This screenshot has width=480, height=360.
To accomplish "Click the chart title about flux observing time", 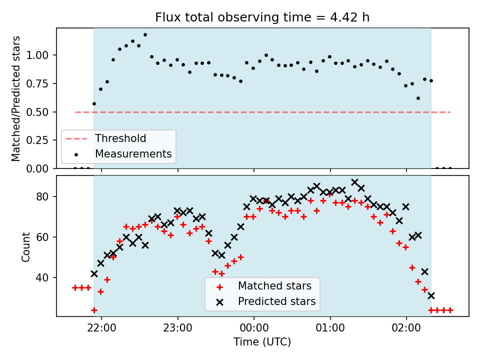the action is [262, 17].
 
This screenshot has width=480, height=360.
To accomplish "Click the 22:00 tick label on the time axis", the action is [101, 328].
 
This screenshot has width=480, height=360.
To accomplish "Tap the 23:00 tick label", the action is [178, 328].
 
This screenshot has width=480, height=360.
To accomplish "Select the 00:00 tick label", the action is [254, 328].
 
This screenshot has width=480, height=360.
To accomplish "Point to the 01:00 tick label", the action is [330, 328].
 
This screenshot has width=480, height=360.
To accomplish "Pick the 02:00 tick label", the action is [406, 328].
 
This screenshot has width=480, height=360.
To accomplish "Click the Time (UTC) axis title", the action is [262, 341].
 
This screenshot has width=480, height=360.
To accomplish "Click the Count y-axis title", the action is [25, 247].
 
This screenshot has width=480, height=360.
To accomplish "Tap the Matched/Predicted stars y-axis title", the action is [15, 98].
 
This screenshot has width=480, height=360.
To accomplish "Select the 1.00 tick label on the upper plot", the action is [37, 55].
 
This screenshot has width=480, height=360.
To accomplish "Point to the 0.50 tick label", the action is [37, 112].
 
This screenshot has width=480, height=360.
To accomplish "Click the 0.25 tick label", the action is [37, 140].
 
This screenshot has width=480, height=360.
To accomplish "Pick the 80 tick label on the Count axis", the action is [42, 196].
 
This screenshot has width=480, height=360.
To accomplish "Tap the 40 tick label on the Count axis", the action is [42, 277].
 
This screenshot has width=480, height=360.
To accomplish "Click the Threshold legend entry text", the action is [120, 138].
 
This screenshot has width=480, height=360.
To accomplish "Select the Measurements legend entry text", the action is [133, 153].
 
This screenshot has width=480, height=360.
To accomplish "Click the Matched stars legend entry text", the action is [274, 286].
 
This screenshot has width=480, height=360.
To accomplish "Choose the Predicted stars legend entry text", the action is [276, 301].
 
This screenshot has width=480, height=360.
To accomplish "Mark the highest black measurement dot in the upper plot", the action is [145, 35].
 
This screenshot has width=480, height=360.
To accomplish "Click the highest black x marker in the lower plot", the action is [355, 182].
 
